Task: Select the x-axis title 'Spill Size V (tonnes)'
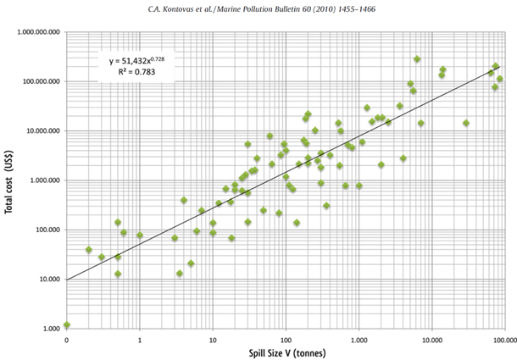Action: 285,352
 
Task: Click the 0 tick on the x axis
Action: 67,339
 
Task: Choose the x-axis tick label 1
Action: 140,339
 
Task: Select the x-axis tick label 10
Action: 213,339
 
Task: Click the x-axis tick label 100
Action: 286,339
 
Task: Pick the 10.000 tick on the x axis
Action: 431,339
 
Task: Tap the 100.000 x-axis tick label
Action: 503,339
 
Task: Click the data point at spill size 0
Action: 67,324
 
